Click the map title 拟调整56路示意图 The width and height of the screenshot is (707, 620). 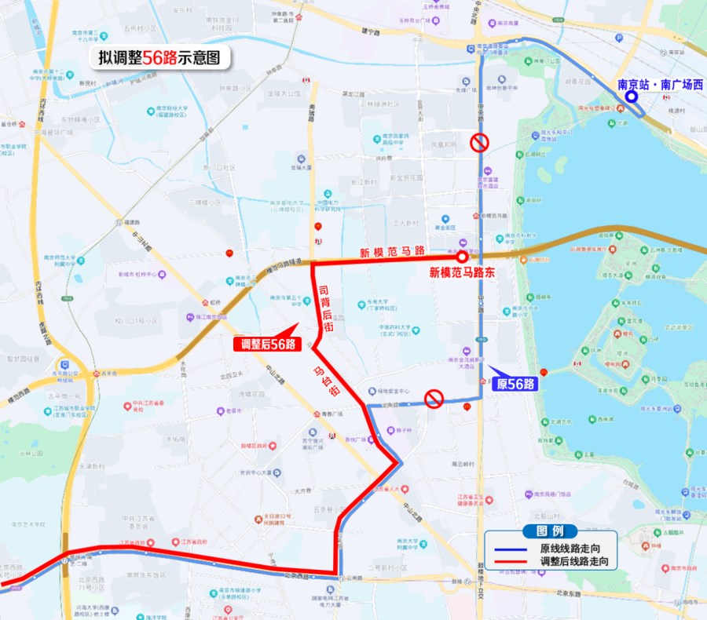click(x=158, y=57)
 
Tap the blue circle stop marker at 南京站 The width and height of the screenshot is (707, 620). click(x=631, y=97)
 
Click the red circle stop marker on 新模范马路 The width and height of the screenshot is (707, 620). click(x=462, y=256)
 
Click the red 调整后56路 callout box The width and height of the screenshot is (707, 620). click(x=268, y=344)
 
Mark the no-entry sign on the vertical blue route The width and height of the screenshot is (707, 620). click(x=479, y=142)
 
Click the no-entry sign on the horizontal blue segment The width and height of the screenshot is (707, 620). click(x=434, y=399)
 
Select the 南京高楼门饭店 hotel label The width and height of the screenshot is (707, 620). click(x=551, y=495)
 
